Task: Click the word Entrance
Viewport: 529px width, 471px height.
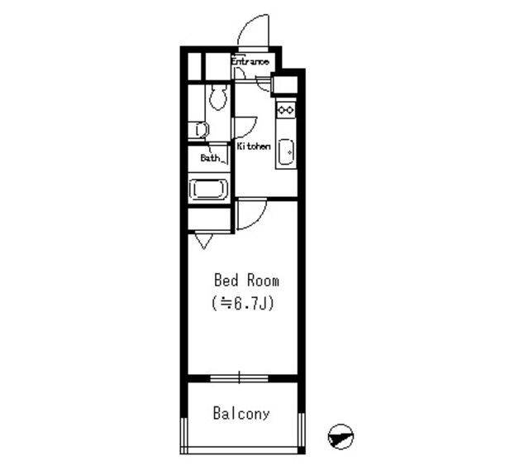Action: (x=250, y=62)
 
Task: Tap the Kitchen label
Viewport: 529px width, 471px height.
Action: (x=254, y=147)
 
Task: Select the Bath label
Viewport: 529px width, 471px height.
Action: (x=210, y=157)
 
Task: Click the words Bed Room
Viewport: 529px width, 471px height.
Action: (x=246, y=281)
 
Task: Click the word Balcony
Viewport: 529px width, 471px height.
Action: (x=241, y=414)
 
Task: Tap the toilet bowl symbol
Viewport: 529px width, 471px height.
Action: (x=218, y=97)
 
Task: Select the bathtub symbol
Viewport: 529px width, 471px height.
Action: (x=208, y=189)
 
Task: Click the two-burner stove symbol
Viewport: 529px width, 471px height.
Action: (x=286, y=110)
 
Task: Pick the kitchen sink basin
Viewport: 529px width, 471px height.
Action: (x=286, y=152)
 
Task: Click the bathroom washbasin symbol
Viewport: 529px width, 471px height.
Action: (x=201, y=130)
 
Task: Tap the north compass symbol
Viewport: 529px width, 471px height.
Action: (x=341, y=436)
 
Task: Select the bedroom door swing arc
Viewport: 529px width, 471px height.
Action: (x=259, y=220)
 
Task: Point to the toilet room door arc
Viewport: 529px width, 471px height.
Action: (x=251, y=131)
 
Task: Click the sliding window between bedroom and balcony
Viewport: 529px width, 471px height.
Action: (x=239, y=378)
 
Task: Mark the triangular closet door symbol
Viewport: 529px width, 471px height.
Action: (x=204, y=241)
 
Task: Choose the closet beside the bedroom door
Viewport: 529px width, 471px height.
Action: (x=209, y=219)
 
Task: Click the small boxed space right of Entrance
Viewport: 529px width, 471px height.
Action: (x=285, y=84)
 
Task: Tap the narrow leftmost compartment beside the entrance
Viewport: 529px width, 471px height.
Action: (x=194, y=66)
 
